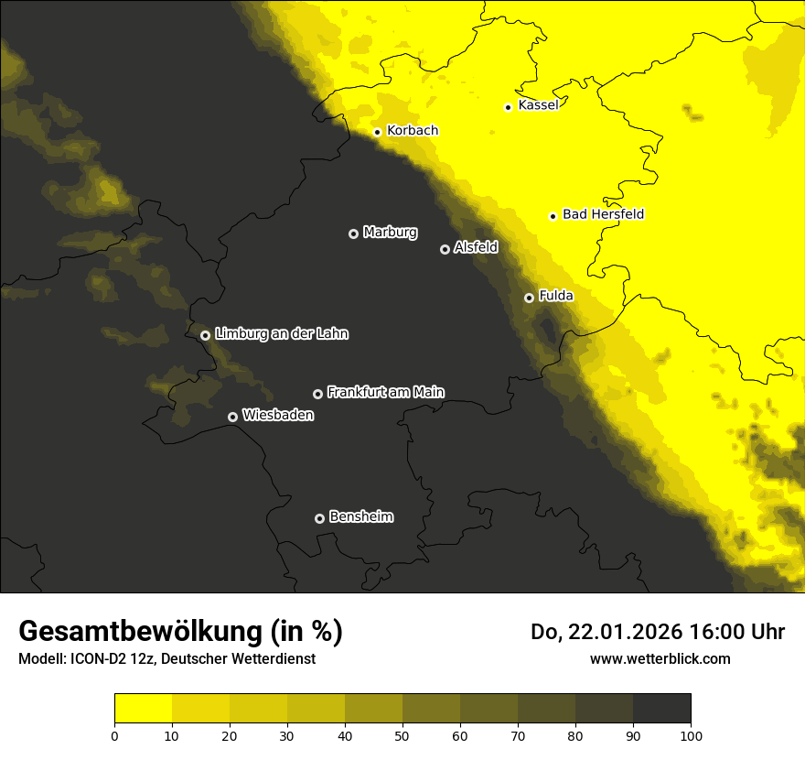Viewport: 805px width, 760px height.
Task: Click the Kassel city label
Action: (x=538, y=105)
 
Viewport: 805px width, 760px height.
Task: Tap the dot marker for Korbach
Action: (x=377, y=132)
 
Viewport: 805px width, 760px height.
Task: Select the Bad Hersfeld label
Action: (x=603, y=214)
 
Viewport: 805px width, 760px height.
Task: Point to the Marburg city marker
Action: (x=353, y=233)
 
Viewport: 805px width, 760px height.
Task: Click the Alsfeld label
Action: (x=476, y=247)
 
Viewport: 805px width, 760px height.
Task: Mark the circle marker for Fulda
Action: (x=529, y=298)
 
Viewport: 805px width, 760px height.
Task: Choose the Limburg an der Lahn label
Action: (x=281, y=334)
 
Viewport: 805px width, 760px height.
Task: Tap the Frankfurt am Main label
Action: (x=385, y=392)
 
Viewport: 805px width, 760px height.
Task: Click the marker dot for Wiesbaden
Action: (x=232, y=417)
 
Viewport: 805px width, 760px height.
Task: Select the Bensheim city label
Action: (x=360, y=516)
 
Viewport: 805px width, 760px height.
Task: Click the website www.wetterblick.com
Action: (x=660, y=658)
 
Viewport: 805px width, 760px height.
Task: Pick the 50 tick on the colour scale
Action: (x=402, y=734)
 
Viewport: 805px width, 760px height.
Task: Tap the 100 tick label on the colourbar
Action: (x=691, y=734)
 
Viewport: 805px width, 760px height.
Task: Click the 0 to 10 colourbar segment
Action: (x=143, y=708)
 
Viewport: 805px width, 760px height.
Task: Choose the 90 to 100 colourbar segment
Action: (x=661, y=708)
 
